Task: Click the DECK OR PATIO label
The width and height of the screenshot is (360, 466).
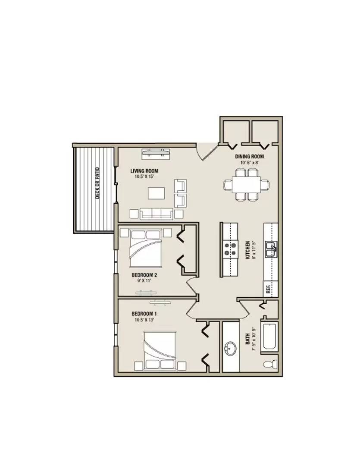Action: (x=98, y=183)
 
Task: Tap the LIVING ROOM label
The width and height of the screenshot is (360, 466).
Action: (x=144, y=171)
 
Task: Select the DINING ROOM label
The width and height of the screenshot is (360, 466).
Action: (x=249, y=157)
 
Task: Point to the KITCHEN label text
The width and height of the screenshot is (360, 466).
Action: (x=247, y=250)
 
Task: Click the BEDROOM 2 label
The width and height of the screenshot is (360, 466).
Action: (x=144, y=275)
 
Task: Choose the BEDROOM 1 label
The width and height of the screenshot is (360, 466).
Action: (x=144, y=314)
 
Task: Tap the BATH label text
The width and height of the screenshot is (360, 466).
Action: (x=247, y=339)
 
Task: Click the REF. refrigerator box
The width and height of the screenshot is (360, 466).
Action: (x=271, y=289)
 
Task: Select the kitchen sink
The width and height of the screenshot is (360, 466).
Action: (x=271, y=249)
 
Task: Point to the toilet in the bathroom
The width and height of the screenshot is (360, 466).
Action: (x=270, y=364)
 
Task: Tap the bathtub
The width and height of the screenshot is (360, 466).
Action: (x=269, y=337)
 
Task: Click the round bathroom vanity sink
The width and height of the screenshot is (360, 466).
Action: (x=230, y=348)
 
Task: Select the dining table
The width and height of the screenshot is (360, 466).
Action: (x=247, y=185)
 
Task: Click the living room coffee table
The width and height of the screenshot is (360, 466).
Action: (x=157, y=193)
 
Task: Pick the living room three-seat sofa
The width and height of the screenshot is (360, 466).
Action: (x=157, y=214)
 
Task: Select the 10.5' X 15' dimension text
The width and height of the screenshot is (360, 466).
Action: (x=144, y=176)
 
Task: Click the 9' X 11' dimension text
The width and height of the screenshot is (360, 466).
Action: (x=144, y=280)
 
